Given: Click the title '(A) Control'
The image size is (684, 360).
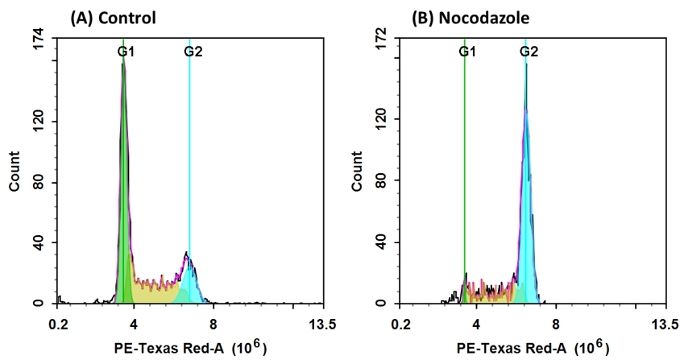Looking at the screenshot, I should [x=113, y=17].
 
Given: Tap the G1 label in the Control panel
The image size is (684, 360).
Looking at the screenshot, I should [x=126, y=52].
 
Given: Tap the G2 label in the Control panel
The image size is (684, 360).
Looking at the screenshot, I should [x=193, y=52].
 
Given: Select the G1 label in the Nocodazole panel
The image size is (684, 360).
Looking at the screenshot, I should [x=467, y=52].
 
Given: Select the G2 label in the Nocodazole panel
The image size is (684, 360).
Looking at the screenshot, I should [x=529, y=52].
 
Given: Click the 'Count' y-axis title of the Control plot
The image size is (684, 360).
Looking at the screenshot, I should [x=15, y=171].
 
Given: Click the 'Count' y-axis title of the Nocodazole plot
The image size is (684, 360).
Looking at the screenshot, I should [x=356, y=171].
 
